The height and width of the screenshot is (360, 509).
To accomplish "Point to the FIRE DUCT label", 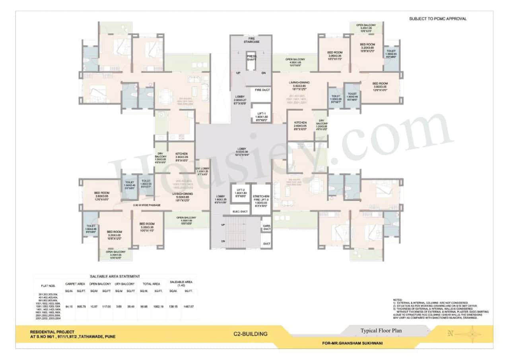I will coord(262,90).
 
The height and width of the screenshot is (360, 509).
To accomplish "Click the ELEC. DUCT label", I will coord(241,212).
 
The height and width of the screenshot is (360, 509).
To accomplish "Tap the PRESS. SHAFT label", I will coord(252,58).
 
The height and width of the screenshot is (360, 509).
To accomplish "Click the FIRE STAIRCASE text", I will coord(252,40).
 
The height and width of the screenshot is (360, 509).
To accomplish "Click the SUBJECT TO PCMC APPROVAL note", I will coord(438,19).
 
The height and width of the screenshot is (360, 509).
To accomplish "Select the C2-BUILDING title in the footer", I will coord(251,334).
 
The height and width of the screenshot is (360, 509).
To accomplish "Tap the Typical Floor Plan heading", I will coord(381,331).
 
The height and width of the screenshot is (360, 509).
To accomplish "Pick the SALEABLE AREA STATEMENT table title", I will coord(115,276).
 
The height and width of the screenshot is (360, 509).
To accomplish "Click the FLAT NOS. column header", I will coord(49,286).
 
